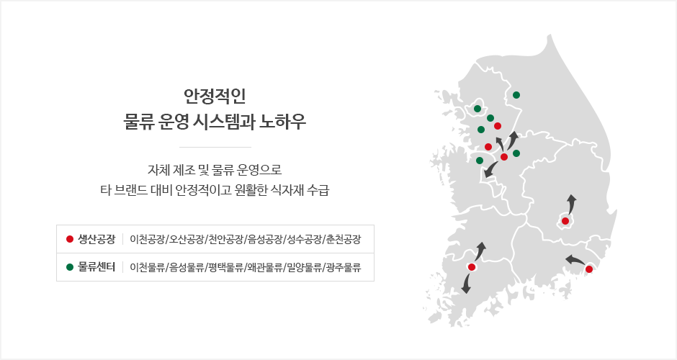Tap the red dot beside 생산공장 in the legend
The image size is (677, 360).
70,239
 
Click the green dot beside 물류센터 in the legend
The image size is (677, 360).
70,267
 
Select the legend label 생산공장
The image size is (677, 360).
97,239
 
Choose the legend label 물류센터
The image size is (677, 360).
97,267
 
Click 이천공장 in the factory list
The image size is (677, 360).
148,239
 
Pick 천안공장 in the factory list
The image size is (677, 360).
225,239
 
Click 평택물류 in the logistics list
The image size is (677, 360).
225,267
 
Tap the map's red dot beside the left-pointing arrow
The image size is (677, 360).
589,269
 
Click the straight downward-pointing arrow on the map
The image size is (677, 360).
466,284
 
